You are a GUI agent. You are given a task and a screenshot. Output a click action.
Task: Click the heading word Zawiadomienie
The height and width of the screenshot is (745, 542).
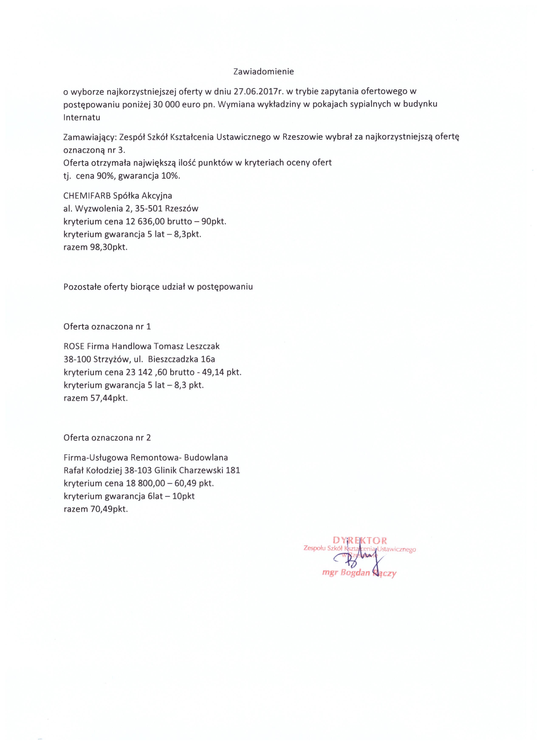[x=263, y=72]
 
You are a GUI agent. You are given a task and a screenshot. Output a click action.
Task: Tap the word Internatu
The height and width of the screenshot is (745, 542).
[x=82, y=118]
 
